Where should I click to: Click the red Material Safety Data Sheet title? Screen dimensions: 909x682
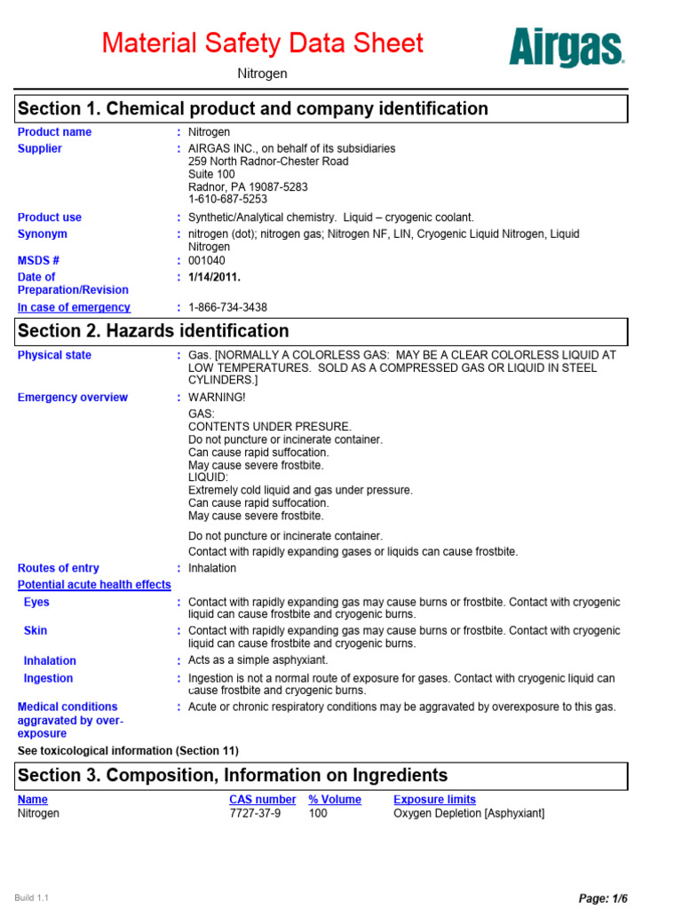[x=263, y=43]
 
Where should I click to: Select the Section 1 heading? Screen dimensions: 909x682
[x=253, y=109]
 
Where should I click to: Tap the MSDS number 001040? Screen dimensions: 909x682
[x=207, y=261]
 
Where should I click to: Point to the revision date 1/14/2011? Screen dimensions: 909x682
[x=215, y=277]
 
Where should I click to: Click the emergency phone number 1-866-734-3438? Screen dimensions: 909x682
[x=227, y=307]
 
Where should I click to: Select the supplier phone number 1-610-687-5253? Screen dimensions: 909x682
[x=227, y=200]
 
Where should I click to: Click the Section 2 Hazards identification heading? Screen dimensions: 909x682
[x=154, y=331]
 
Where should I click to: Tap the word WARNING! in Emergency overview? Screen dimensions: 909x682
[x=217, y=398]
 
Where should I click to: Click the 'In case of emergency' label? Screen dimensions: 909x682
[x=74, y=307]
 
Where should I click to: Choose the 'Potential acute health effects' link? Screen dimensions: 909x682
[x=94, y=585]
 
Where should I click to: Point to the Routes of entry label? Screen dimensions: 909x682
[x=59, y=568]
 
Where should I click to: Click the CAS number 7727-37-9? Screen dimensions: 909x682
[x=255, y=813]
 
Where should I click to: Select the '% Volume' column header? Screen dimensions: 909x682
[x=335, y=800]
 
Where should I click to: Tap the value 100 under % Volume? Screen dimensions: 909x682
[x=318, y=813]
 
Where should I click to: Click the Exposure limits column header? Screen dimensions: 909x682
[x=434, y=800]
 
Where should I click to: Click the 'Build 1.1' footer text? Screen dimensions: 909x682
[x=32, y=898]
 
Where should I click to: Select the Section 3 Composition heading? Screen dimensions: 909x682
[x=233, y=776]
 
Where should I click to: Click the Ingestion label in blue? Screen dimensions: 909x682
[x=48, y=678]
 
